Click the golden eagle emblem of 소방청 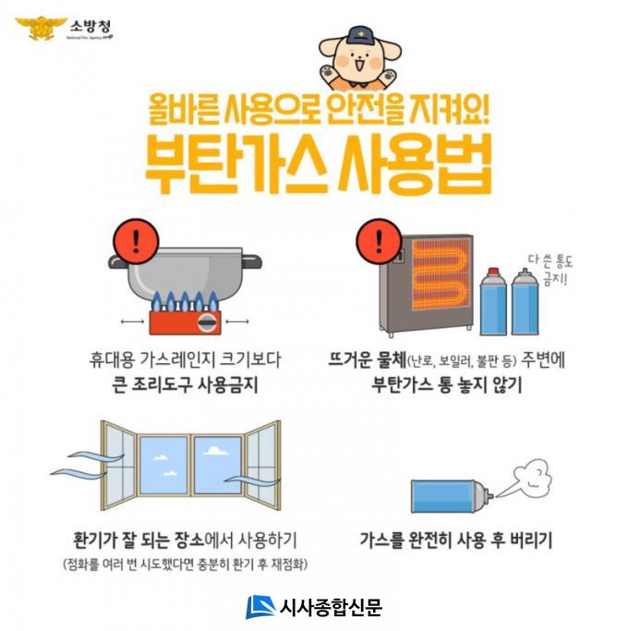click(42, 28)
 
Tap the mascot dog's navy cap click(359, 35)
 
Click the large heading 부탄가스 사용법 click(319, 164)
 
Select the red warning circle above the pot click(136, 241)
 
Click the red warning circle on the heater click(379, 241)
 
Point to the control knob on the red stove click(208, 322)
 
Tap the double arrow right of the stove click(237, 322)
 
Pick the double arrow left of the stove click(132, 322)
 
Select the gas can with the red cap click(493, 301)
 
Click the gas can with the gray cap click(525, 301)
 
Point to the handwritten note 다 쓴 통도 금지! click(550, 270)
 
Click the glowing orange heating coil click(441, 274)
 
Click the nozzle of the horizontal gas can click(489, 495)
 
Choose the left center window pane click(163, 466)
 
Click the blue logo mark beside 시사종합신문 click(260, 607)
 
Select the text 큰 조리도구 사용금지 click(185, 384)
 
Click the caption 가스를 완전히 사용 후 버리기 click(456, 540)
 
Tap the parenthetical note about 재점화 click(185, 564)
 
